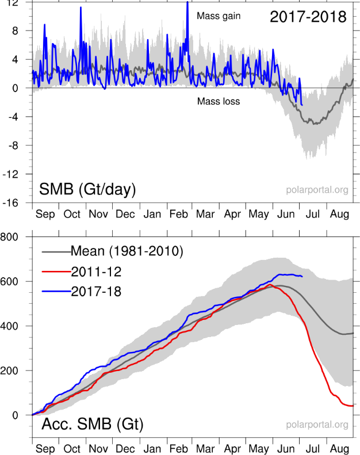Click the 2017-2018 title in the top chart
(x=308, y=17)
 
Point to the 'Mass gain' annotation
(x=219, y=16)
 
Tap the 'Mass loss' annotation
(x=219, y=101)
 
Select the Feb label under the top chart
(x=179, y=215)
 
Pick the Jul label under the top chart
(x=312, y=215)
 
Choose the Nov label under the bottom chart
(x=99, y=449)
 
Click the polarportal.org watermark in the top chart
(x=317, y=190)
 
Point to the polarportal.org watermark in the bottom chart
(x=317, y=425)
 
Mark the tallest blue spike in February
(x=187, y=3)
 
